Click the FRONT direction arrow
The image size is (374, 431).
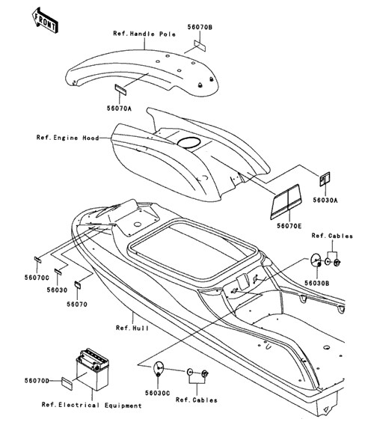pos(45,21)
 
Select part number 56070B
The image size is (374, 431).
pos(200,27)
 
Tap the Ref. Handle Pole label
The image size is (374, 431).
pos(144,34)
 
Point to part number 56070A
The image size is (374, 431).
pos(119,108)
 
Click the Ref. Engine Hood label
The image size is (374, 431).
pos(67,138)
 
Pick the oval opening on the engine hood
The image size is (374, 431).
pos(188,142)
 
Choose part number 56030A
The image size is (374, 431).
pos(325,200)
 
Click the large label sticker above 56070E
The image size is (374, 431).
pos(286,202)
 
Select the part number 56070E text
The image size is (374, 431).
pos(289,226)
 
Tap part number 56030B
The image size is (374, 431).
pos(317,283)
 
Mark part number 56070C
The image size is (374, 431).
pos(37,278)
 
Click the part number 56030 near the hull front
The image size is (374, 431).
pos(57,290)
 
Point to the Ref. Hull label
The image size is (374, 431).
pos(132,328)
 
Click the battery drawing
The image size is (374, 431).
pos(93,369)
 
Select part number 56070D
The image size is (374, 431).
pos(37,380)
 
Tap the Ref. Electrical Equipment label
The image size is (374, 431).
pos(91,405)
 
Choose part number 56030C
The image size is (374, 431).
pos(158,393)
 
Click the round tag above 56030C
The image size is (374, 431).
pos(158,370)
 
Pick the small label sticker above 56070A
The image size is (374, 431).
pos(120,90)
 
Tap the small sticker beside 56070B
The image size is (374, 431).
pos(200,46)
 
